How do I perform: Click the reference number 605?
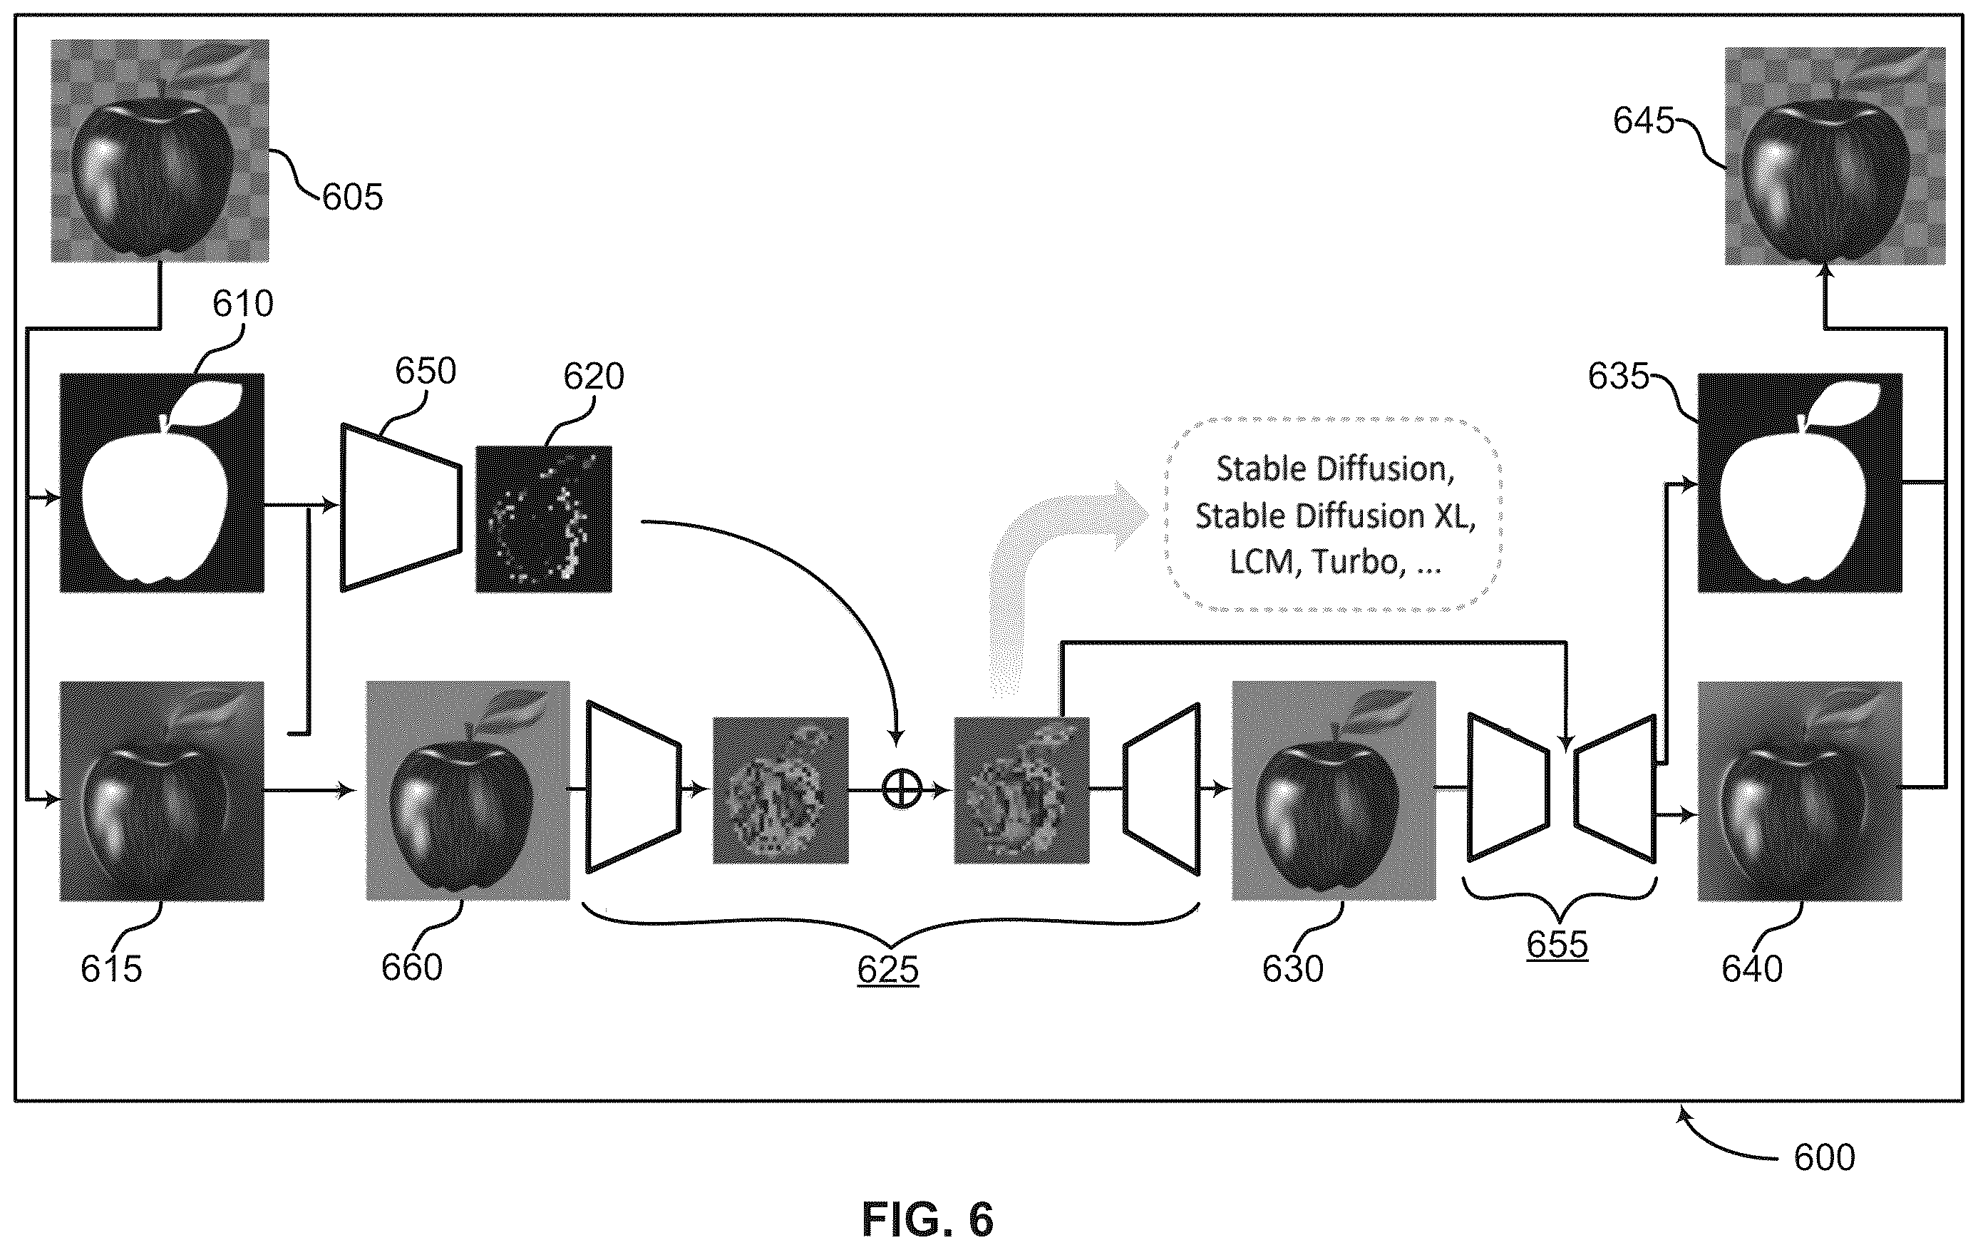(x=352, y=198)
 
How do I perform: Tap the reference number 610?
(x=242, y=304)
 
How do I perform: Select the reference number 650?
(x=426, y=372)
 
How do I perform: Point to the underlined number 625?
(x=888, y=970)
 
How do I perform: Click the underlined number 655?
(x=1557, y=944)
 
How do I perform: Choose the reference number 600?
(x=1824, y=1157)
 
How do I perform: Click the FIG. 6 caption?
(x=927, y=1219)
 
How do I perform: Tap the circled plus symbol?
(x=901, y=791)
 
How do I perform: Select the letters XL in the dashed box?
(x=1455, y=516)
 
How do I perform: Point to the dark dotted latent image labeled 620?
(x=544, y=518)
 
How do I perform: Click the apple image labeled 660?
(x=468, y=791)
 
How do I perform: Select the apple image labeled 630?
(x=1334, y=791)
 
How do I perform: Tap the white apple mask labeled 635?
(x=1800, y=483)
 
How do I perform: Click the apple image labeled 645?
(x=1835, y=156)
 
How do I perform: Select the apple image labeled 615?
(x=162, y=791)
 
